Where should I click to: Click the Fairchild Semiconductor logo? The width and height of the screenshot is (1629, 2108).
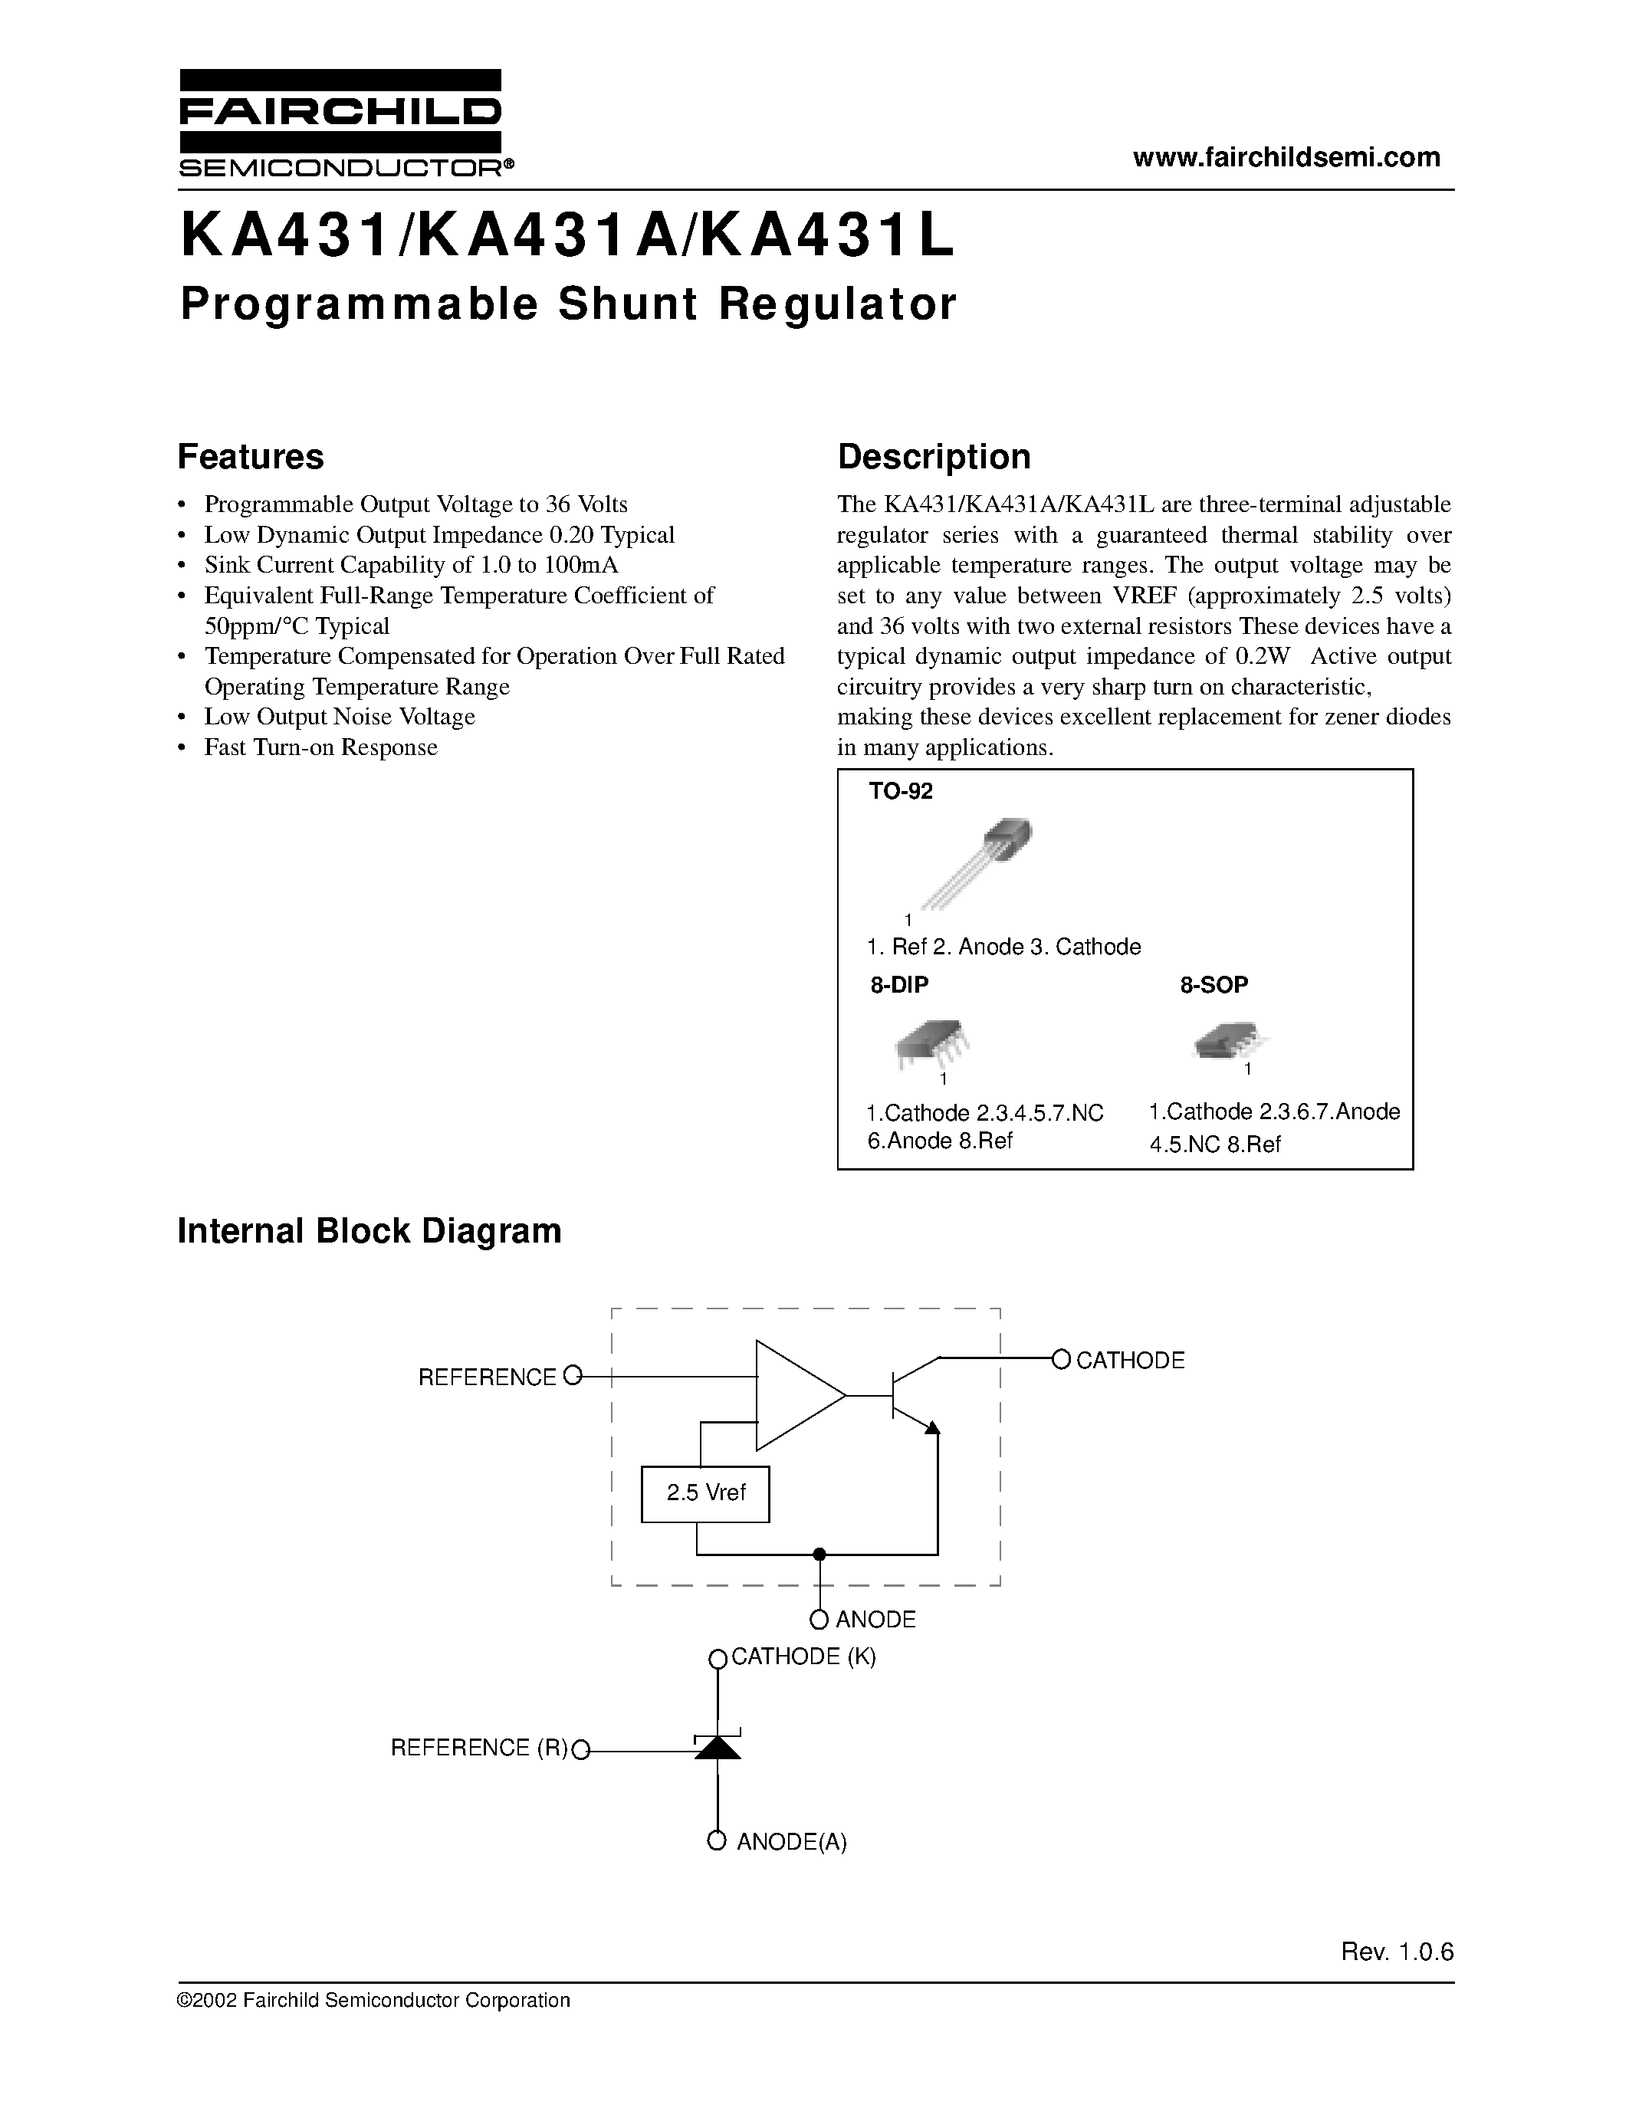pyautogui.click(x=340, y=123)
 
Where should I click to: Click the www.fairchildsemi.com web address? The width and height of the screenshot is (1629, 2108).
pyautogui.click(x=1286, y=157)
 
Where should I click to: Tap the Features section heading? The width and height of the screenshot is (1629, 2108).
pyautogui.click(x=251, y=457)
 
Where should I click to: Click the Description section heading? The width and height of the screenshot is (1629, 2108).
pyautogui.click(x=933, y=457)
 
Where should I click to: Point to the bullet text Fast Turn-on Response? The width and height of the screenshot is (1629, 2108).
pyautogui.click(x=320, y=747)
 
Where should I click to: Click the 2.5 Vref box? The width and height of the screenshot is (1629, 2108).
pyautogui.click(x=705, y=1493)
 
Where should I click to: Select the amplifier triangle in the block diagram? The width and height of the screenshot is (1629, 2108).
pyautogui.click(x=796, y=1394)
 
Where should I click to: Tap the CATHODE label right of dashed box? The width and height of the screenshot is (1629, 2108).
pyautogui.click(x=1129, y=1360)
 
